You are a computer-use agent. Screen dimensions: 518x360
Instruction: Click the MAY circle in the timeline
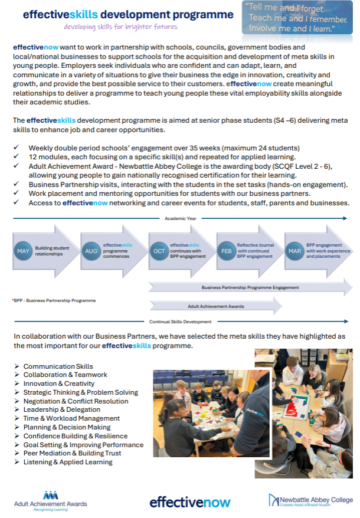point(23,251)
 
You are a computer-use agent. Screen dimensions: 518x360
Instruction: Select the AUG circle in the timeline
point(91,251)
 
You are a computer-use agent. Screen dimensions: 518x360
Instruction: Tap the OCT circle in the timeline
point(159,251)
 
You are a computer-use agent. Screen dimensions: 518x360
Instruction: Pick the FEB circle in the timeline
point(226,251)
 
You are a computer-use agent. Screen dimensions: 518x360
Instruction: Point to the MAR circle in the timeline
point(294,251)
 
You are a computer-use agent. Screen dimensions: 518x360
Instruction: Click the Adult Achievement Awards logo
point(50,500)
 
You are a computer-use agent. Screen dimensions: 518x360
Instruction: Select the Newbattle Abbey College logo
point(310,500)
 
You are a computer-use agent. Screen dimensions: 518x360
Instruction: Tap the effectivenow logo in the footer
point(185,502)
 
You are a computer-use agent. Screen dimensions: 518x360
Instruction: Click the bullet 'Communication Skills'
point(58,366)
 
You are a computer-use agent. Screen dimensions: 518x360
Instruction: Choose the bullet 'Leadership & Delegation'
point(61,409)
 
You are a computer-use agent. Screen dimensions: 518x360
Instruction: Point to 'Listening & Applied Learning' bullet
point(68,462)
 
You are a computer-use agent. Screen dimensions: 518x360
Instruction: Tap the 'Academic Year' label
point(180,218)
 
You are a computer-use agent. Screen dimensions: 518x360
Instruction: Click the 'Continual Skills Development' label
point(180,322)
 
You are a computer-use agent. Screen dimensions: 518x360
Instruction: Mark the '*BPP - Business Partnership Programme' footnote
point(54,300)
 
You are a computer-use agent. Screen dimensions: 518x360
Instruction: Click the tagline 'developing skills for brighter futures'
point(120,27)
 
